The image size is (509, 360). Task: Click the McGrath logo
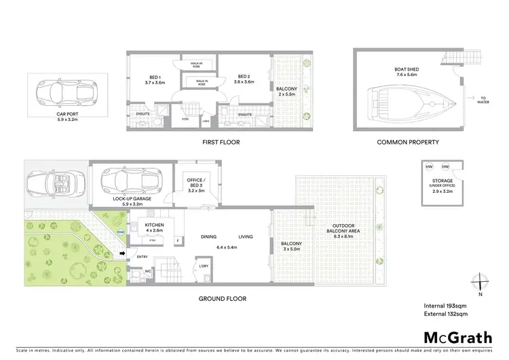pos(458,338)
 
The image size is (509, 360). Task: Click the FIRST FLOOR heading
pos(221,143)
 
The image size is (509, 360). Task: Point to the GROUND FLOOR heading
pos(223,298)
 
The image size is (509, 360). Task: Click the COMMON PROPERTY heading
pos(408,143)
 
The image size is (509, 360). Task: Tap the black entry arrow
pos(123,255)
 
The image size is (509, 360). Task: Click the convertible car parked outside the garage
pos(52,181)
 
